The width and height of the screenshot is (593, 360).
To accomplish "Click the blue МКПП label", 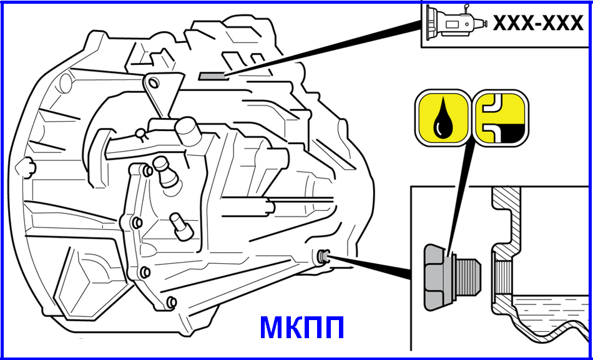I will point(301,328).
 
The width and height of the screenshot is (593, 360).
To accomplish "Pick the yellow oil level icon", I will point(501,117).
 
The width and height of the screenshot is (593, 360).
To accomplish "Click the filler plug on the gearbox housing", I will point(324,256).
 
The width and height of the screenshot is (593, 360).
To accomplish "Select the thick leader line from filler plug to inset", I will point(368,266).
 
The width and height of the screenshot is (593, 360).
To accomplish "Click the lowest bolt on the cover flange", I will point(172,303).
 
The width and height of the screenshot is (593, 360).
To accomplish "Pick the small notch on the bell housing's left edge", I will point(26,165).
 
